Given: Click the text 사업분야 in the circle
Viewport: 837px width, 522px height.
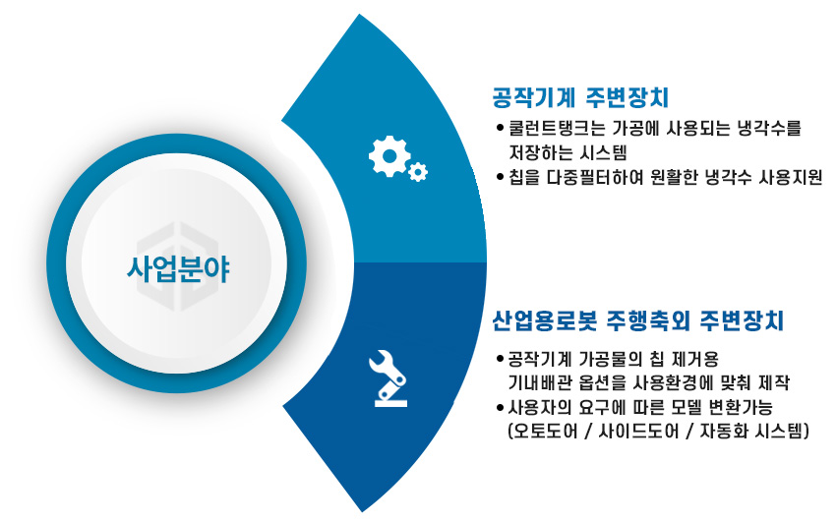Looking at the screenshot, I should coord(180,265).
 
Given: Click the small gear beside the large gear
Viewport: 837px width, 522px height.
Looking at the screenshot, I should coord(419,173).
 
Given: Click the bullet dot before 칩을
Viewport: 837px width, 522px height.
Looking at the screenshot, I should coord(501,177).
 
